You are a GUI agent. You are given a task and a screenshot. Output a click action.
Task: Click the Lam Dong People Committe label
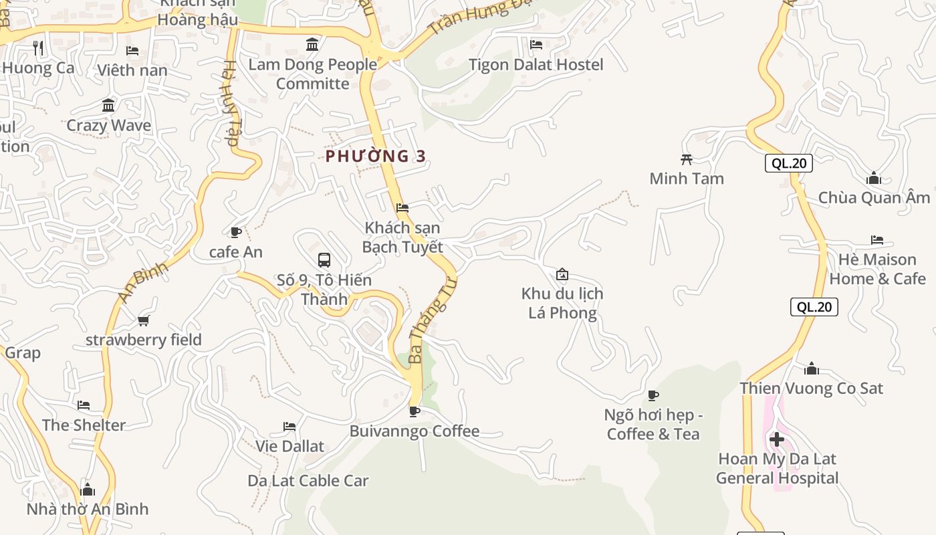[312, 74]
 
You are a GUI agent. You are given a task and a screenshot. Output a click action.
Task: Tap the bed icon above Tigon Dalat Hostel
[536, 45]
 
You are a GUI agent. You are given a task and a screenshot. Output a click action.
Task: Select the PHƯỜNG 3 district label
[376, 156]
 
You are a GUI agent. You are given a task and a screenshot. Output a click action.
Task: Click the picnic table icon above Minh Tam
[686, 159]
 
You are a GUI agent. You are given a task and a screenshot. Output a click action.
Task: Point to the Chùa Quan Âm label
[874, 198]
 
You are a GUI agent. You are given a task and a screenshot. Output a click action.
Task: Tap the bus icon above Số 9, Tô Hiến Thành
[324, 259]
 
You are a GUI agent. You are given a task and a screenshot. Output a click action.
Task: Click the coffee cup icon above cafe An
[235, 232]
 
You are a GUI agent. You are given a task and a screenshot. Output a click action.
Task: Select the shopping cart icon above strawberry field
[143, 320]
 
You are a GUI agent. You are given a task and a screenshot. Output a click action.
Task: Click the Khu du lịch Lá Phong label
[562, 303]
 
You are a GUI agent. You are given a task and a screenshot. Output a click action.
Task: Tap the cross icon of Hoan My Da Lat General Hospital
[777, 439]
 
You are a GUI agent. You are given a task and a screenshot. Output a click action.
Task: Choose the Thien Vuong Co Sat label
[811, 388]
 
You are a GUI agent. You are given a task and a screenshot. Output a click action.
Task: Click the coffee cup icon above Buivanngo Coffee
[415, 411]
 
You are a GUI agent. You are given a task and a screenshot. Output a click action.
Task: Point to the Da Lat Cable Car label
[308, 480]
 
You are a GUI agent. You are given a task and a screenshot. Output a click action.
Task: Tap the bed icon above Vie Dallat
[289, 426]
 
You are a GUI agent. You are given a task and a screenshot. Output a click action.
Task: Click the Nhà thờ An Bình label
[88, 509]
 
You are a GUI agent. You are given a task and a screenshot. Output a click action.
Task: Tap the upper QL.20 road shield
[788, 163]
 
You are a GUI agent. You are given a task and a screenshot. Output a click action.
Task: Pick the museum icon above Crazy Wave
[108, 106]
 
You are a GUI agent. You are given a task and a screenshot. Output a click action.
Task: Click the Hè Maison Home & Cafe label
[877, 269]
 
